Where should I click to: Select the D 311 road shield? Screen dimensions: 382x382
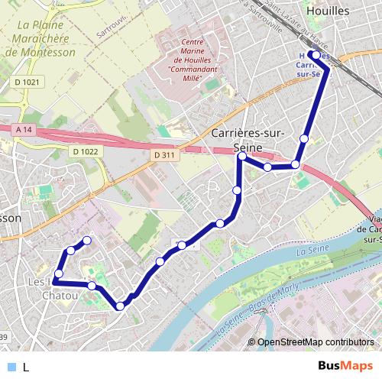164,155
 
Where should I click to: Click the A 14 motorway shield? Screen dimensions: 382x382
24,131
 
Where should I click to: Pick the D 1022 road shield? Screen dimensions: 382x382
86,151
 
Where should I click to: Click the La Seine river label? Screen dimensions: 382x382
312,250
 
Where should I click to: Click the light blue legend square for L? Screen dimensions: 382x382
10,367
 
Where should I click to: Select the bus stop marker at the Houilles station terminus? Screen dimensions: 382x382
316,56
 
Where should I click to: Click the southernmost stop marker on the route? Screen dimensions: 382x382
120,306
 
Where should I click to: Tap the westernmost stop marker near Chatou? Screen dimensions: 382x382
58,274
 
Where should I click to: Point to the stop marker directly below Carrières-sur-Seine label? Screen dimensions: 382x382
241,157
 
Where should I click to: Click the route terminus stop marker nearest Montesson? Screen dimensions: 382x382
86,241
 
